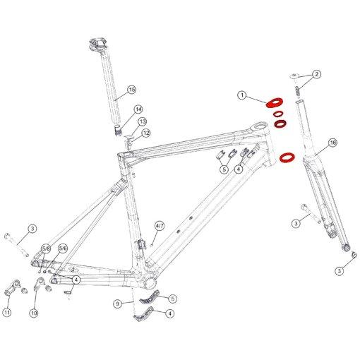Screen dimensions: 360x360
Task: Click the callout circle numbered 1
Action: [241, 95]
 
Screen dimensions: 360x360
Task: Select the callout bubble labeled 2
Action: [317, 74]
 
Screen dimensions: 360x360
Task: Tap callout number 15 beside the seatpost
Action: [131, 90]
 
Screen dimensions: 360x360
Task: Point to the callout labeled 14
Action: [138, 109]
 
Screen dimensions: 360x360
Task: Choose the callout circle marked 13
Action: [143, 121]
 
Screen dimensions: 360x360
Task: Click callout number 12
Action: [146, 133]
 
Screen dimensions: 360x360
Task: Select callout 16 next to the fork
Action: [332, 143]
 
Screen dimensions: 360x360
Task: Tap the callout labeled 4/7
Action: [160, 225]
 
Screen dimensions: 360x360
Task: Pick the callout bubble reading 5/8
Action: [47, 248]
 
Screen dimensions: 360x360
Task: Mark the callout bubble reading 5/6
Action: [63, 248]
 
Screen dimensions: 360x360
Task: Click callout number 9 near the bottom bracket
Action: [119, 304]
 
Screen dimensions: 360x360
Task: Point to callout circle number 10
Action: [33, 312]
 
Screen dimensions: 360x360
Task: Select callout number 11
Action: [8, 312]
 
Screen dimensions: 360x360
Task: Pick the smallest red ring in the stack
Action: [278, 114]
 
